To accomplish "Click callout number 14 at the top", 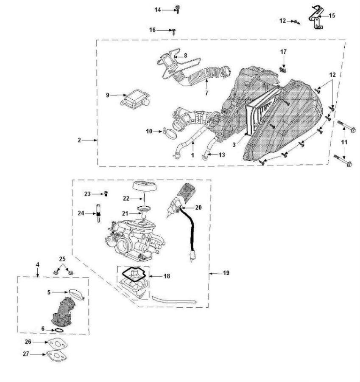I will [158, 9].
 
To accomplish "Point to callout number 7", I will [207, 93].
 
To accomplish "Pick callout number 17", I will [283, 51].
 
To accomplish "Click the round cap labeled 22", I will [142, 186].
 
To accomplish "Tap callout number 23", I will [87, 194].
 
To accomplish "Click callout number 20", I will [199, 208].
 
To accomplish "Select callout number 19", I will [226, 273].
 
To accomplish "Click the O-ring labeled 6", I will [59, 330].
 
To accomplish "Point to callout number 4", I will [38, 264].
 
